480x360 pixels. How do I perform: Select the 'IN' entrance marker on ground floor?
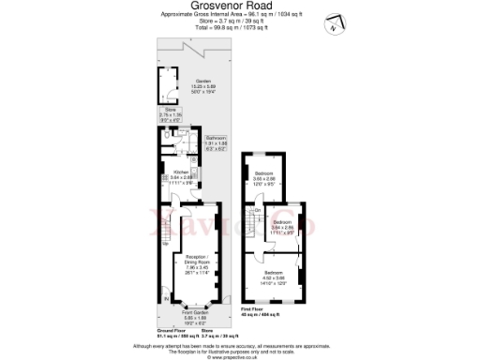pos(168,298)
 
